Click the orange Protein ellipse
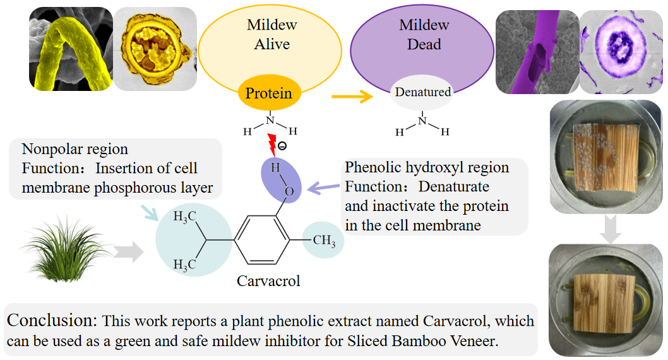269,94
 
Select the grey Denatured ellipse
422,92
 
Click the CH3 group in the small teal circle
323,241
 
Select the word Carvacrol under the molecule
268,281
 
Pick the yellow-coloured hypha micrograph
71,49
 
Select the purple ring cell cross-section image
621,49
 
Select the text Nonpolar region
75,150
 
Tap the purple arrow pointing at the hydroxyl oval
323,186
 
